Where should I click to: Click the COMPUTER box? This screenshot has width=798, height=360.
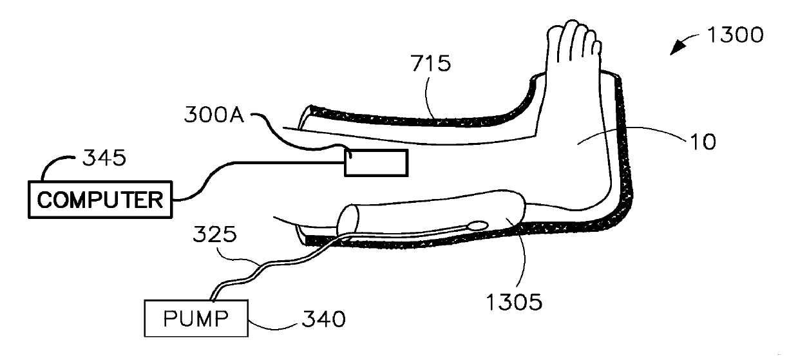[100, 200]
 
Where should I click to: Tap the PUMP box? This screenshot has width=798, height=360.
[196, 317]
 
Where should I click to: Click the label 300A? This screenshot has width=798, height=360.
[212, 116]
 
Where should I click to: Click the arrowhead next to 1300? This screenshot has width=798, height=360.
[676, 48]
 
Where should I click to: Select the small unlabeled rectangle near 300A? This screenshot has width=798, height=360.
[376, 162]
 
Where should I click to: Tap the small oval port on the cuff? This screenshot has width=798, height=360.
[478, 226]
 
